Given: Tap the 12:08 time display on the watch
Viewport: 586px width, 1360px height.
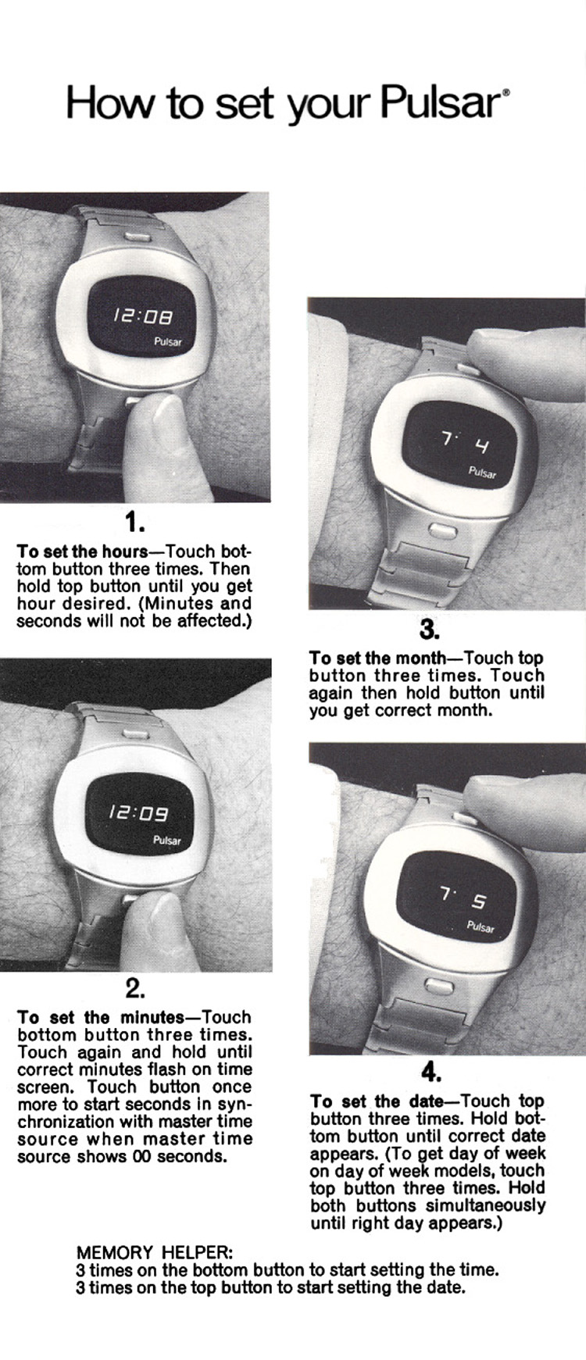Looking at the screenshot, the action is (x=142, y=316).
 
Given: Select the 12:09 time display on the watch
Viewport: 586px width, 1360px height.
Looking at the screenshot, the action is (x=138, y=814).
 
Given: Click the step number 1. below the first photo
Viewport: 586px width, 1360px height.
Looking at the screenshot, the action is (x=135, y=521).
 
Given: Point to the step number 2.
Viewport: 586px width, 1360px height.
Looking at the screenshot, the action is (x=135, y=989).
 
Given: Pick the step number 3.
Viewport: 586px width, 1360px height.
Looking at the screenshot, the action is (x=430, y=629).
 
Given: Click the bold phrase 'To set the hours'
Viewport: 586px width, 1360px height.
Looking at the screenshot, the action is (x=83, y=551).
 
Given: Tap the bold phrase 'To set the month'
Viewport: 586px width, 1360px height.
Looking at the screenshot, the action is (x=375, y=658).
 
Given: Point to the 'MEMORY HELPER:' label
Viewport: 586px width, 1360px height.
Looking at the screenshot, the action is (x=148, y=1253).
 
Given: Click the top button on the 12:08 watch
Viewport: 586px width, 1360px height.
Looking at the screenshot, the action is (x=138, y=233).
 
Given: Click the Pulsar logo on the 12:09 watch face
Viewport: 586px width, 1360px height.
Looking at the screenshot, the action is (x=167, y=841).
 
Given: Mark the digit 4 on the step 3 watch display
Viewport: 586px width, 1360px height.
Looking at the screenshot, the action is (x=482, y=448).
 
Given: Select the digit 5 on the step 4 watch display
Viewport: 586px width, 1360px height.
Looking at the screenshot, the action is (x=478, y=901).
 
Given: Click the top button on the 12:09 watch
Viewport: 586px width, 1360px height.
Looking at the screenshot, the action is (x=136, y=735).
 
